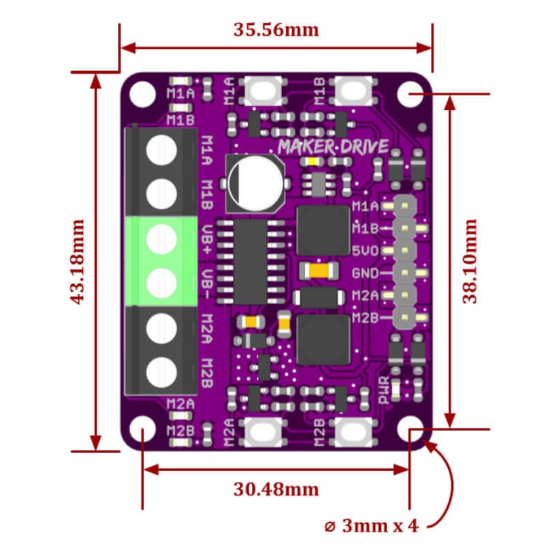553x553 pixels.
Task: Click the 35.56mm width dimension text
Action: [276, 30]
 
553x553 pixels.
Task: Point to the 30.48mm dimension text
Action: [276, 489]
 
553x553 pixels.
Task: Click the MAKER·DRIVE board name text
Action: [332, 147]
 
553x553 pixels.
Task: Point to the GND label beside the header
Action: [365, 273]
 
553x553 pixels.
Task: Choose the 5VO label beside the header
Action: [365, 251]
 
